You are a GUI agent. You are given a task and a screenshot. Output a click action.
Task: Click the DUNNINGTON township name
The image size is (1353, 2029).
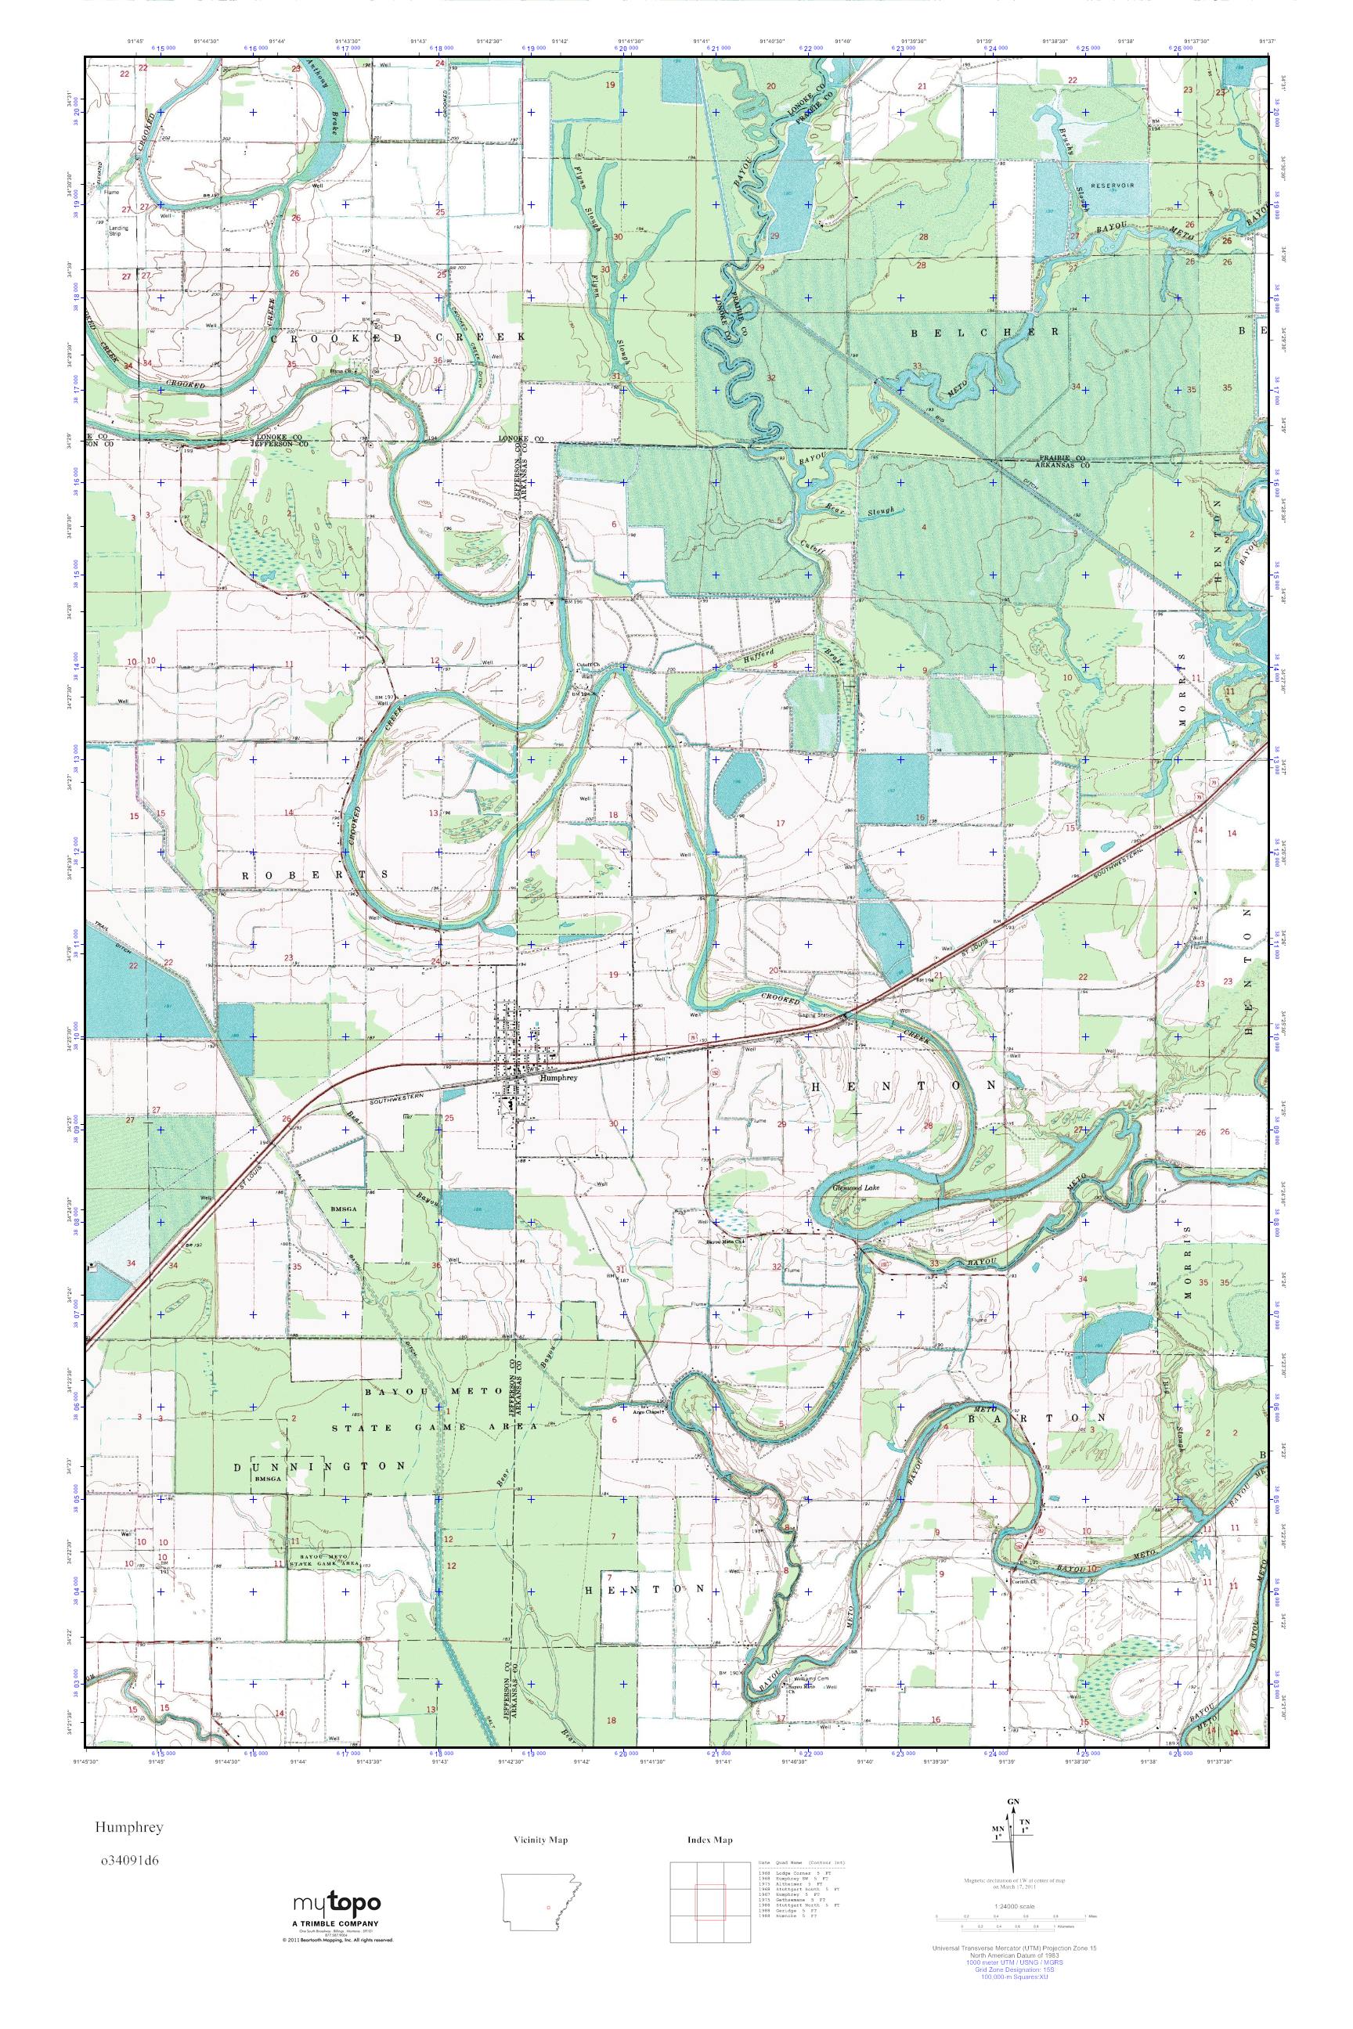click(x=320, y=1465)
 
